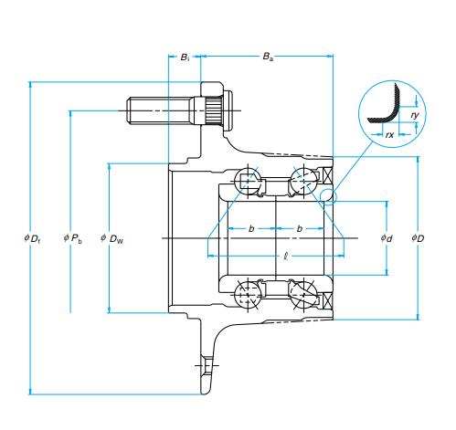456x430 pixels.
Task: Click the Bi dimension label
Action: pos(185,58)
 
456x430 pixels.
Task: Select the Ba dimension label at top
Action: pos(268,57)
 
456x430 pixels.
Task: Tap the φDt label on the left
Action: pos(32,238)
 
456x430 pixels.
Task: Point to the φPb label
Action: pos(73,238)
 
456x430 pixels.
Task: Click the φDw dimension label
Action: pos(112,238)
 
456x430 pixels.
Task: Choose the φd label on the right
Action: pos(387,238)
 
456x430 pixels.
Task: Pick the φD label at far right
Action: pos(418,238)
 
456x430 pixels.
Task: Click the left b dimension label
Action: pos(251,228)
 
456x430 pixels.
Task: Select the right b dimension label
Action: pos(300,228)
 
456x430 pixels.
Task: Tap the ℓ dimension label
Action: pos(286,257)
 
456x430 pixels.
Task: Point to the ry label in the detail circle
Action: pos(415,115)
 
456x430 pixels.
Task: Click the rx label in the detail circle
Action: pos(389,134)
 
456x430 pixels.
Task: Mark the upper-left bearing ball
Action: pos(248,180)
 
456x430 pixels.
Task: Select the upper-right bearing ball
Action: pos(303,180)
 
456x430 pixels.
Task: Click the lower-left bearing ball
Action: pos(248,295)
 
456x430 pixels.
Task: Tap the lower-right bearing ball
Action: pos(303,295)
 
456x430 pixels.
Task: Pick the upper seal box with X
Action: pos(328,176)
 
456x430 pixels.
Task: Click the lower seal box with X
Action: pos(328,300)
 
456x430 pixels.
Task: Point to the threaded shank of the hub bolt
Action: pos(160,110)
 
